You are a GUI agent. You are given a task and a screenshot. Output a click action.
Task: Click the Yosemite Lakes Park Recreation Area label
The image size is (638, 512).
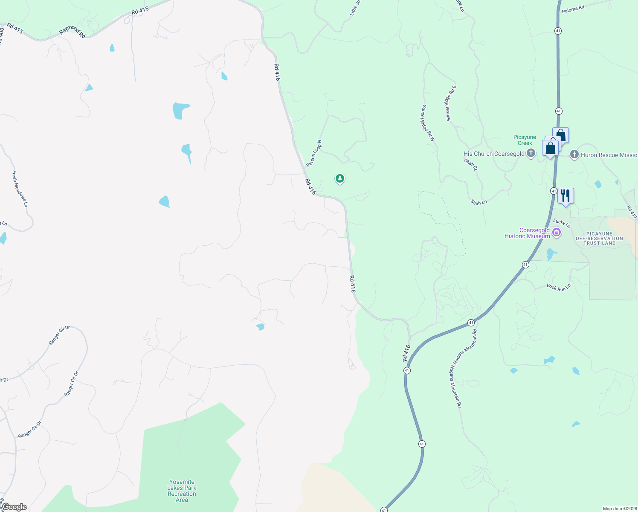tap(182, 491)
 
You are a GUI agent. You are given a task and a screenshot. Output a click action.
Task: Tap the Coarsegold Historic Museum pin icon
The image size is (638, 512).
tap(556, 233)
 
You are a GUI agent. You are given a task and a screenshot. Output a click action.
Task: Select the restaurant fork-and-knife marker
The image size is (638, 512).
tap(565, 196)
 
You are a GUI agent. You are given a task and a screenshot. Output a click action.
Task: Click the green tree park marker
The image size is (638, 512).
tap(340, 178)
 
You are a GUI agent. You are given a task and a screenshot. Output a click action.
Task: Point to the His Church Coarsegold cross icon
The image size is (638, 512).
tap(531, 153)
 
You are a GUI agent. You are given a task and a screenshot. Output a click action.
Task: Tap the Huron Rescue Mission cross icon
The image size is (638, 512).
tap(574, 154)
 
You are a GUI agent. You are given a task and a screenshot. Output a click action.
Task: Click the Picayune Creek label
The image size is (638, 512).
tap(525, 140)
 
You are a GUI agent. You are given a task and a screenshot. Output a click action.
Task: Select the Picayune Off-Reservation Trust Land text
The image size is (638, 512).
tap(599, 239)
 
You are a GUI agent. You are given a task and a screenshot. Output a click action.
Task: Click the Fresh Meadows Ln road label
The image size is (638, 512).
tap(20, 189)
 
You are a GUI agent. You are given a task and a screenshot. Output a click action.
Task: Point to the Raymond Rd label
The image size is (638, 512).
tap(72, 32)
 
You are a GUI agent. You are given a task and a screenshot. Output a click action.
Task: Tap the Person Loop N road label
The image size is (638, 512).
tap(313, 153)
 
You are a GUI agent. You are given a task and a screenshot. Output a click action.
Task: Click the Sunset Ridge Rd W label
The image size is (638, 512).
tap(428, 123)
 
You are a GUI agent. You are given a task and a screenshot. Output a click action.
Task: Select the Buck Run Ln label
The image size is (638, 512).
tap(559, 287)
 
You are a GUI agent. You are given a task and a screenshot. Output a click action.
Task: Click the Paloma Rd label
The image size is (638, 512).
tap(573, 8)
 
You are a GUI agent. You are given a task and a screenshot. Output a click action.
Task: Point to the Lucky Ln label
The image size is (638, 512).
tap(562, 223)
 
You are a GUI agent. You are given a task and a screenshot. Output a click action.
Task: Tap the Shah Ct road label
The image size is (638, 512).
tap(471, 164)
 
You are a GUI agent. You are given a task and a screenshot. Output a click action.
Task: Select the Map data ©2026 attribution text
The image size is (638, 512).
tap(619, 509)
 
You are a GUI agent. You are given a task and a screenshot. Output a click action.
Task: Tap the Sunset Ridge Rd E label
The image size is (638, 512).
tap(451, 103)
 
